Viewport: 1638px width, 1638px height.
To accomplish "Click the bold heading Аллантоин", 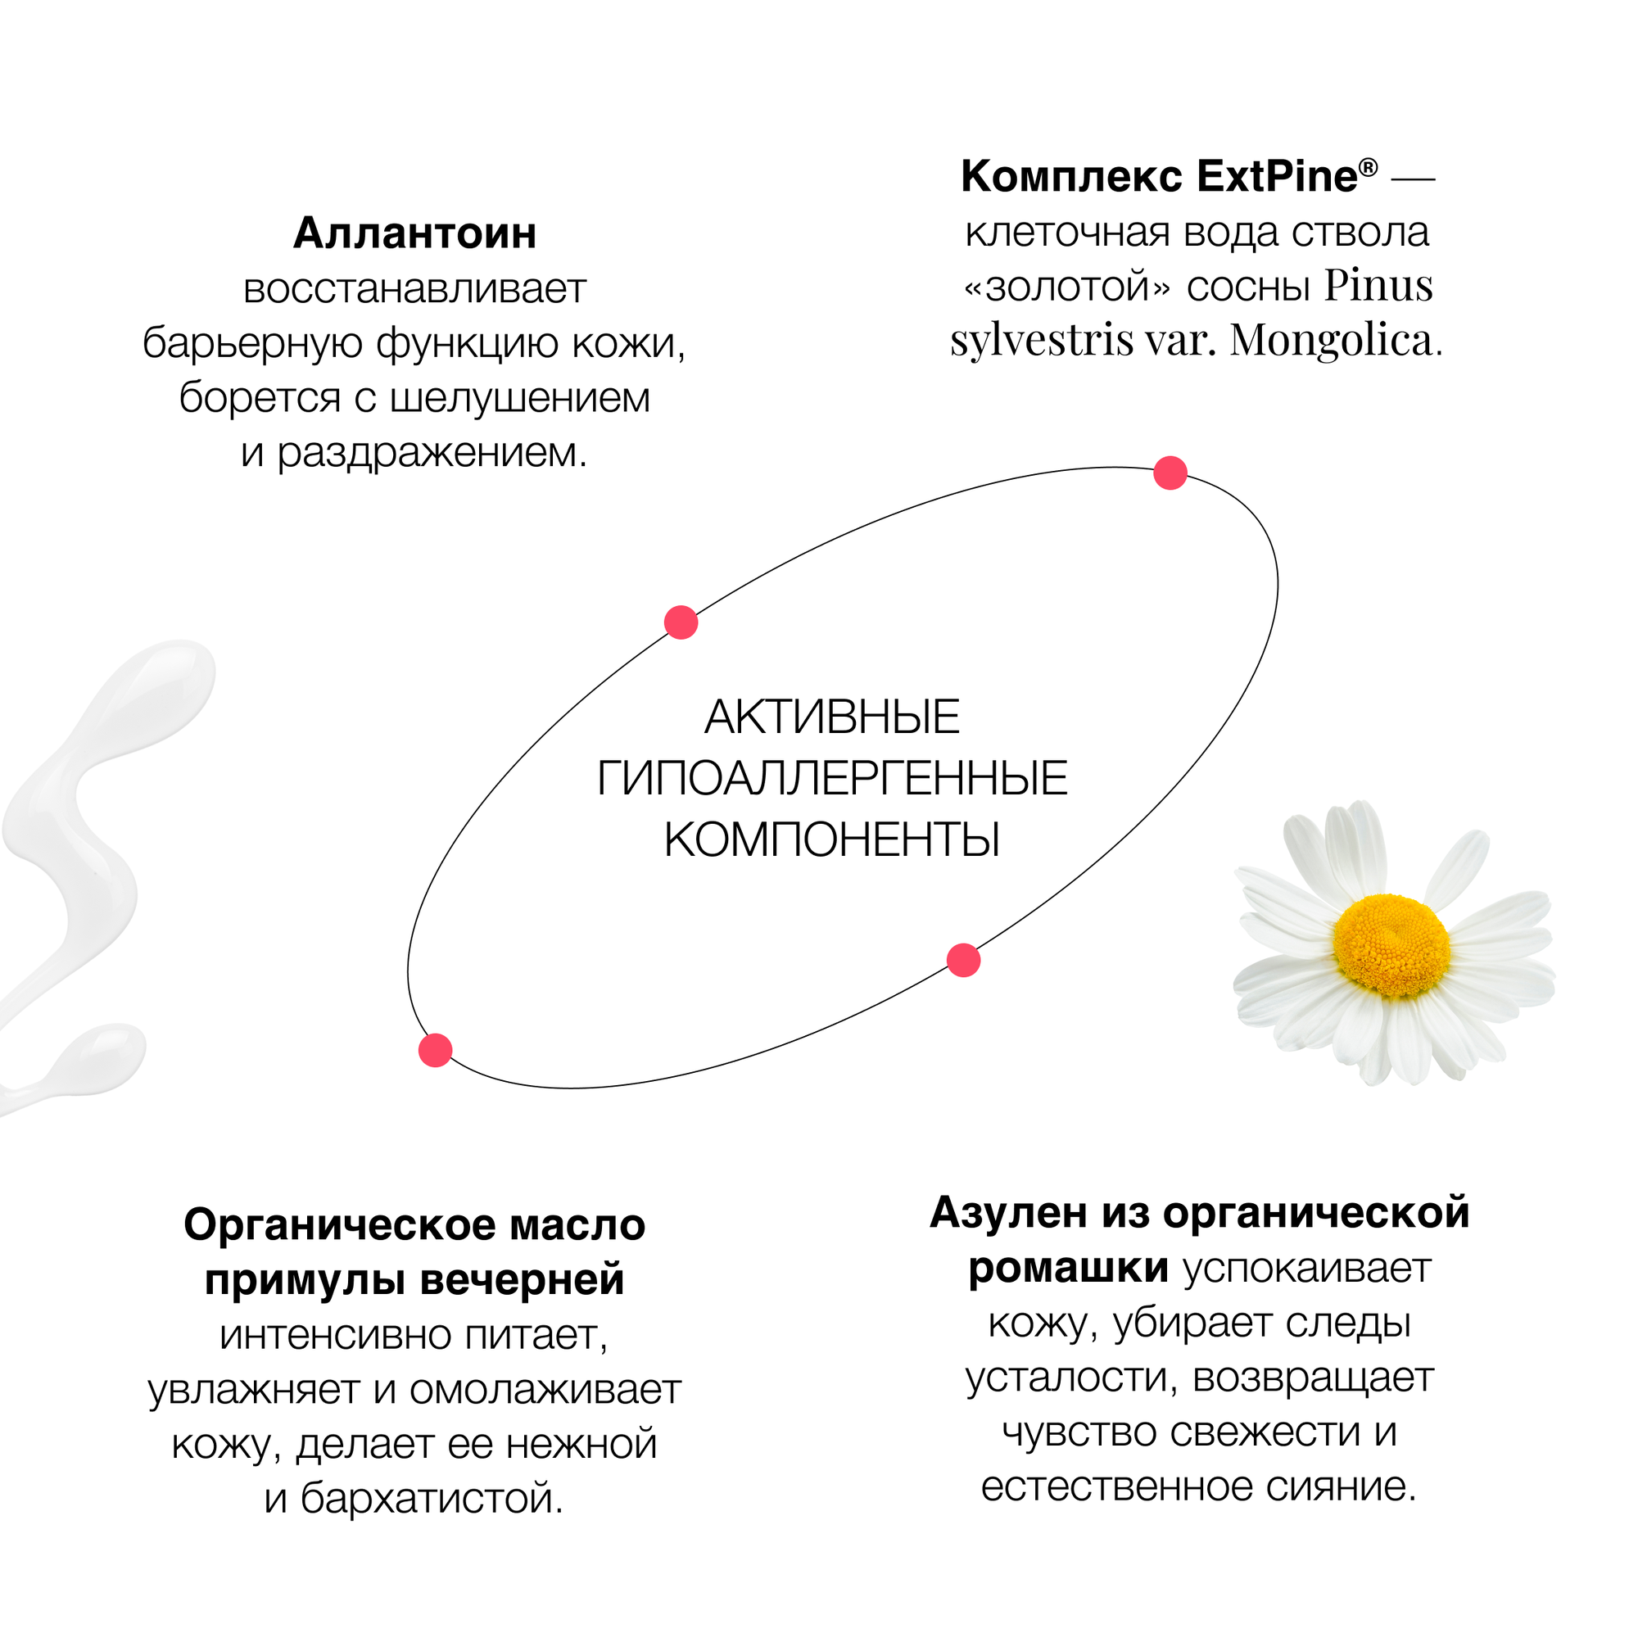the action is [x=414, y=233].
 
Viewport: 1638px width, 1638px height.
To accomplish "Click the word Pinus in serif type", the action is [x=1378, y=286].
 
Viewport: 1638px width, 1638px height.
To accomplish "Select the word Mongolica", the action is [x=1330, y=341].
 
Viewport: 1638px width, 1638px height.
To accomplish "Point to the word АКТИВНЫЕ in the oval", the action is [x=832, y=717].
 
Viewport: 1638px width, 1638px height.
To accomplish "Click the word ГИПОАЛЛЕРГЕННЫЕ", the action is [x=832, y=779].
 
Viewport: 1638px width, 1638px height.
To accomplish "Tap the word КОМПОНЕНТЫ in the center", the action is [x=832, y=840].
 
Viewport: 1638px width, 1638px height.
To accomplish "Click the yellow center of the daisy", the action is [x=1390, y=946].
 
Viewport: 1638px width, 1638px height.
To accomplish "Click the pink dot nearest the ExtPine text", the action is [x=1170, y=473].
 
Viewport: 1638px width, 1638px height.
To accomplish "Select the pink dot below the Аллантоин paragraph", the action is [x=681, y=622].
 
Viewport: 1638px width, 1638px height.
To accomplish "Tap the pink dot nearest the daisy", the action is [x=963, y=961].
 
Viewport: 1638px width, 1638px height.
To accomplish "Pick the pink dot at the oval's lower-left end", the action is [x=435, y=1051].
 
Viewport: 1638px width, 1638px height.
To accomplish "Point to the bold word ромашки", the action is [x=1068, y=1269].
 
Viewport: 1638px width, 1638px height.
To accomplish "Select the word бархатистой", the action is [x=432, y=1498].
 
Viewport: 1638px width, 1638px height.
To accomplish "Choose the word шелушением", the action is [x=519, y=398].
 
